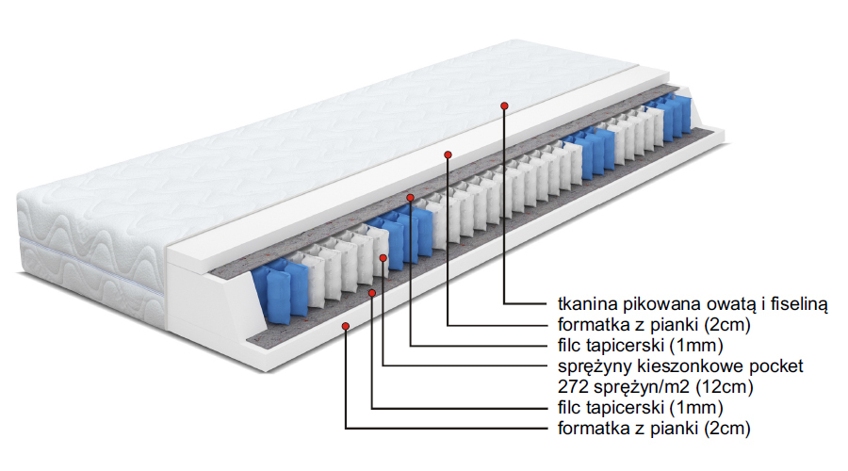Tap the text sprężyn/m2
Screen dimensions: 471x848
636,386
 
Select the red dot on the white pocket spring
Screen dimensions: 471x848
383,257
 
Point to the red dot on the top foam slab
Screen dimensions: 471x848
448,154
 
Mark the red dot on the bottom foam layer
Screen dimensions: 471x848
347,326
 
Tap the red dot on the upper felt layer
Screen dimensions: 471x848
411,198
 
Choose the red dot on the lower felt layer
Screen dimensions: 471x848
373,293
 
